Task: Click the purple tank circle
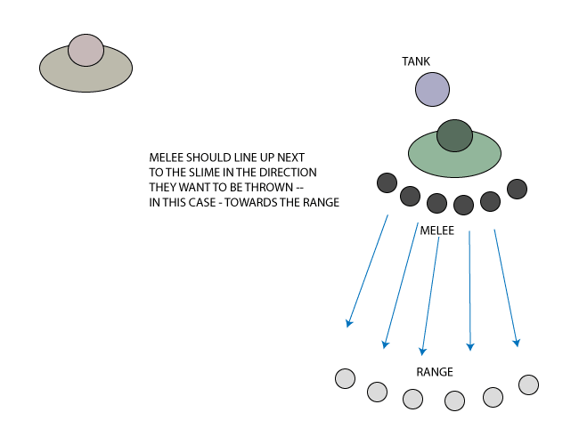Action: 432,90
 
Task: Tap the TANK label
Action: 416,61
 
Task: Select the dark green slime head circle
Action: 454,135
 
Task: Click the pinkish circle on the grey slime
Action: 86,51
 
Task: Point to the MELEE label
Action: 437,231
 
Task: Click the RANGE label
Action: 435,371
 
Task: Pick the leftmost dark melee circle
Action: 387,183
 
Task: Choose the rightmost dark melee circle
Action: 518,189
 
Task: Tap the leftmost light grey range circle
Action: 346,378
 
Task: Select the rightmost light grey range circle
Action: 528,384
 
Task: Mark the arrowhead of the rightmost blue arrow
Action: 517,341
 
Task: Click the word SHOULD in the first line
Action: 208,158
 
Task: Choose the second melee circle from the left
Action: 410,195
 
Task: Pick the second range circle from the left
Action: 377,391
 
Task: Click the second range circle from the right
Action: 493,397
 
